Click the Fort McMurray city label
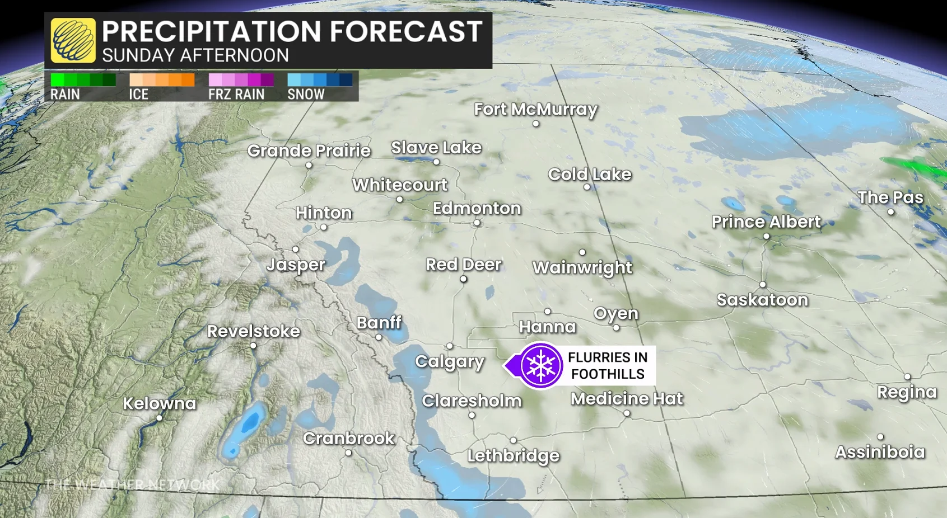[x=535, y=109]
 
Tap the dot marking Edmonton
[x=477, y=223]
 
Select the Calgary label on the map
[x=450, y=361]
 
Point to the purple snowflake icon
[x=540, y=365]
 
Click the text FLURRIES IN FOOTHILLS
[x=608, y=365]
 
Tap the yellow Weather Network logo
[x=73, y=40]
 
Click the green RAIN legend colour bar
[x=83, y=80]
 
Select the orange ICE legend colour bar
[x=162, y=80]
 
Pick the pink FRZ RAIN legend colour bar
[x=241, y=80]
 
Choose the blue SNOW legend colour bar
[x=320, y=80]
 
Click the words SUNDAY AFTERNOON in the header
[x=195, y=55]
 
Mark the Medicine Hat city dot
[x=627, y=413]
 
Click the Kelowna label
[x=160, y=403]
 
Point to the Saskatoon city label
[x=762, y=300]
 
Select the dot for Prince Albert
[x=766, y=237]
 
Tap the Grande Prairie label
[x=309, y=150]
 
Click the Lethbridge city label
[x=514, y=455]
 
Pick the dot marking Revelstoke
[x=253, y=346]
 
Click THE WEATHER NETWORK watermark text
[x=132, y=484]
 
